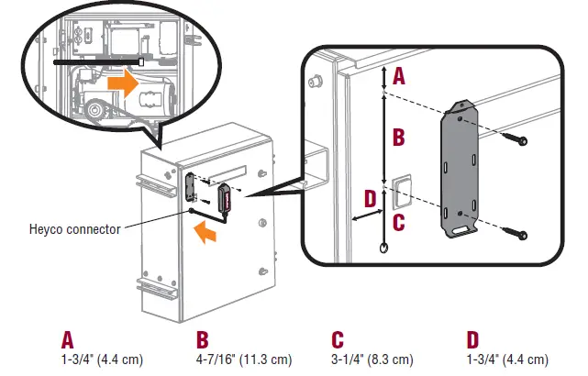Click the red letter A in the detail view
click(398, 78)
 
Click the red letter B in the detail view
click(398, 138)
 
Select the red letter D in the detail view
click(370, 198)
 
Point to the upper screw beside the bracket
click(518, 140)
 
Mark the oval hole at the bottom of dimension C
click(383, 249)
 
